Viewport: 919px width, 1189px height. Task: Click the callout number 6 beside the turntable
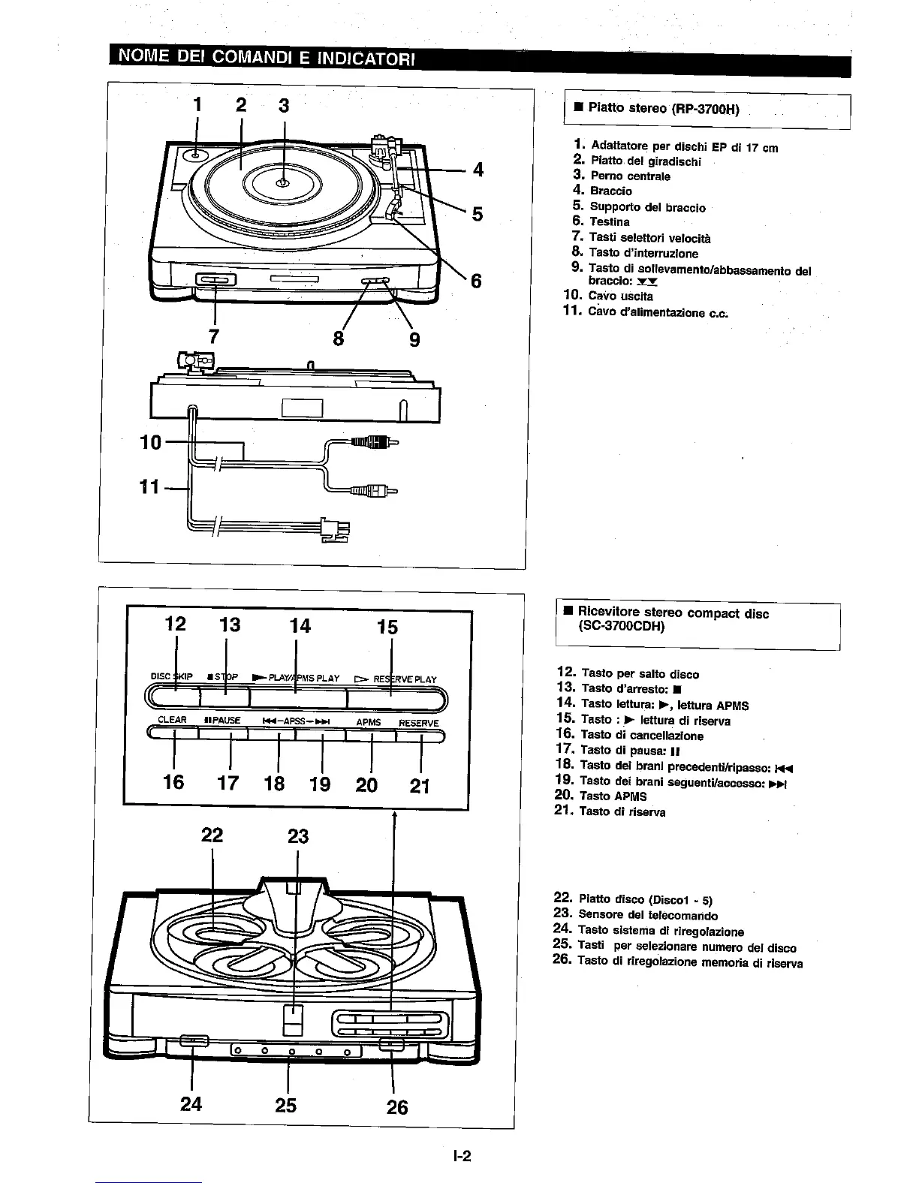coord(475,281)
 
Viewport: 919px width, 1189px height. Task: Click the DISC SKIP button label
coord(172,677)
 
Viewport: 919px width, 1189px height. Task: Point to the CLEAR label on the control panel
coord(172,720)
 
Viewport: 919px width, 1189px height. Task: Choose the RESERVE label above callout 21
coord(418,723)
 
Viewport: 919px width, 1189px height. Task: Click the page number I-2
coord(461,1156)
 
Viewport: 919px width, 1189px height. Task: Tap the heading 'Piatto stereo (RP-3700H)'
coord(664,109)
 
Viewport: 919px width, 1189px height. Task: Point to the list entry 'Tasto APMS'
coord(613,796)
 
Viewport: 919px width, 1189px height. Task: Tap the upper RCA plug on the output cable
coord(375,443)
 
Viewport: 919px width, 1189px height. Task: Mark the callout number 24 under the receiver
coord(191,1104)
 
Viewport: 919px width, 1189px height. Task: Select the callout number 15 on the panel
coord(387,627)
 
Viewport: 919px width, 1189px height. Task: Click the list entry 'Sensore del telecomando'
coord(648,915)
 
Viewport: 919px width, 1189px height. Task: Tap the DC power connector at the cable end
coord(330,529)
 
